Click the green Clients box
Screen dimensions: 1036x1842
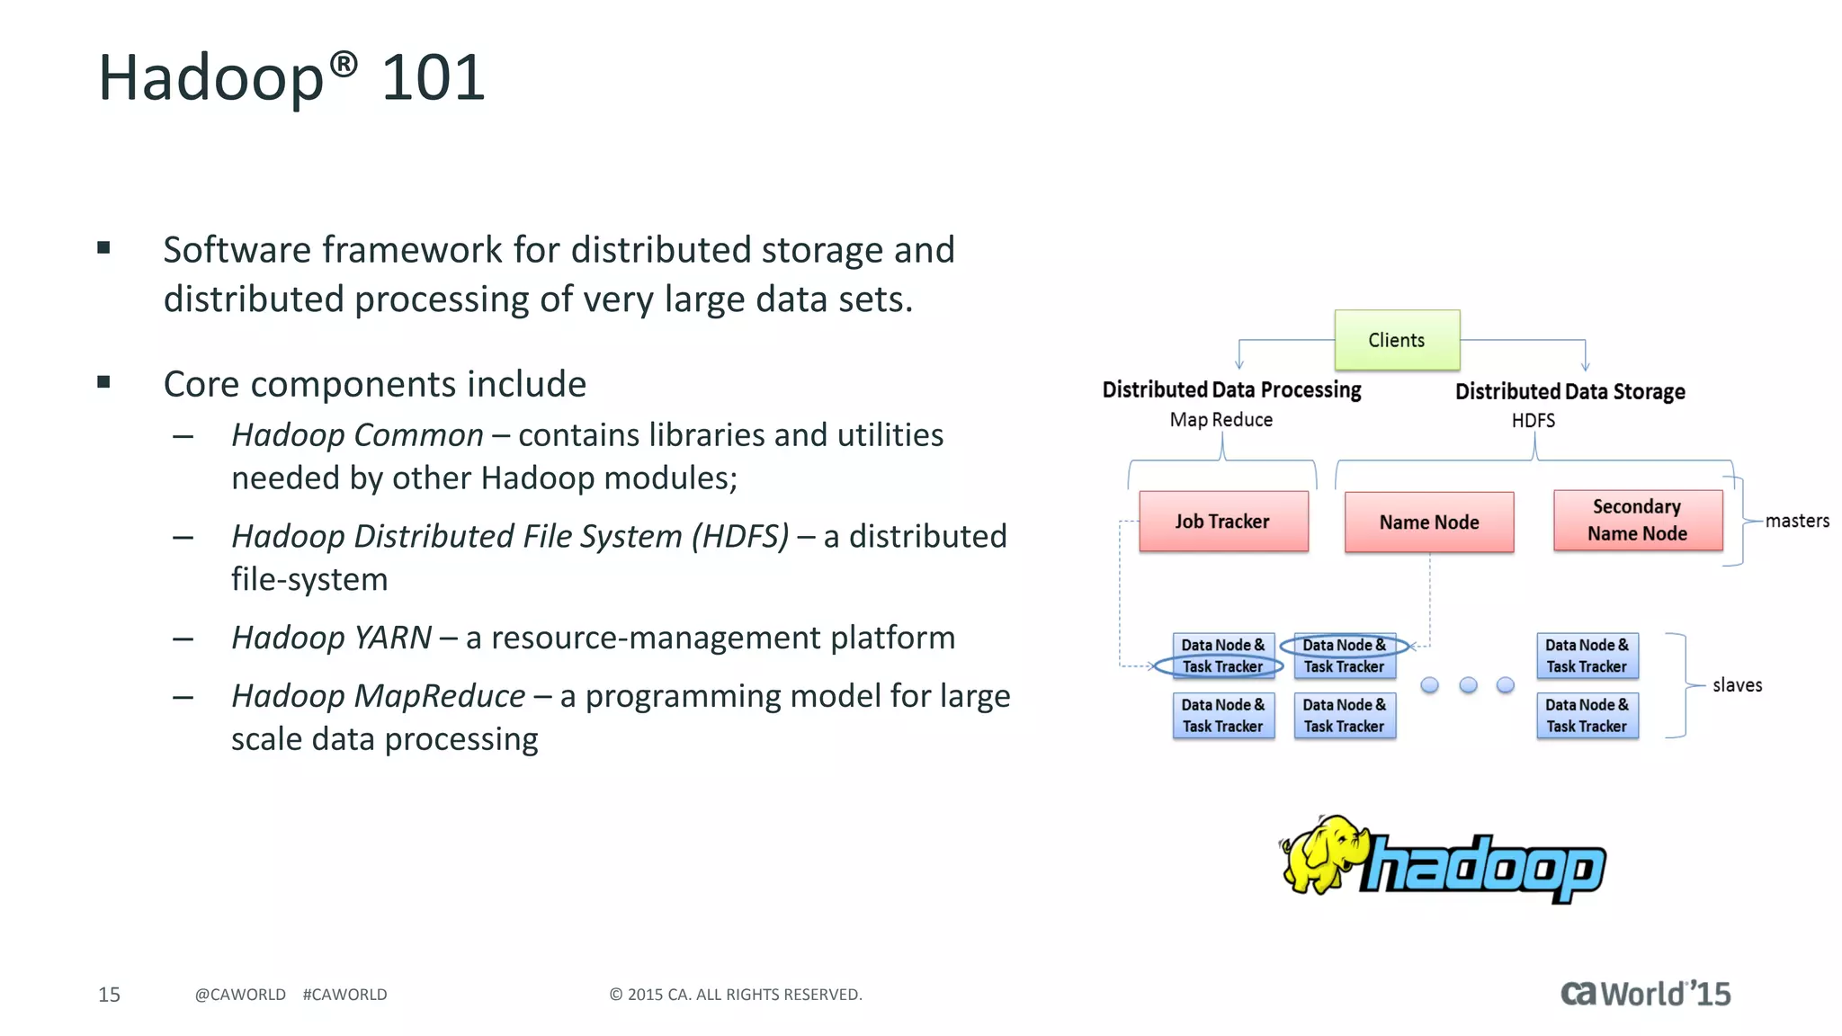1396,340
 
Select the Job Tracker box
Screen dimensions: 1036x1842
1222,522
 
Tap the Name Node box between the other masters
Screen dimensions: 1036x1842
1428,522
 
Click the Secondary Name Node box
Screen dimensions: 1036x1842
1637,520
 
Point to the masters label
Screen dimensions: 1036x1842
1796,521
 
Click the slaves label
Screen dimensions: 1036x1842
1736,685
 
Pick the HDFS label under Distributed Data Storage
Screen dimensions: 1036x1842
1533,421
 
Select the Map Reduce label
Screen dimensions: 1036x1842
1221,420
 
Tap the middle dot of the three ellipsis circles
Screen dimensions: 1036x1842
1468,685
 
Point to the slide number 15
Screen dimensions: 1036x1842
109,995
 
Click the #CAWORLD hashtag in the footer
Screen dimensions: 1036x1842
344,995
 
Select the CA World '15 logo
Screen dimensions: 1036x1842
1645,994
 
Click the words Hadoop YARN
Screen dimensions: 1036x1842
331,638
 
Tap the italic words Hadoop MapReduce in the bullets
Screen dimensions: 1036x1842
378,696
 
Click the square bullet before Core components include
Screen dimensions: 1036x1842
103,382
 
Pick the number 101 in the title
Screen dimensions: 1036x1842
433,77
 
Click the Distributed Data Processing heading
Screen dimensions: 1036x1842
1231,390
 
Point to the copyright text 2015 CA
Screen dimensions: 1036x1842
735,995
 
